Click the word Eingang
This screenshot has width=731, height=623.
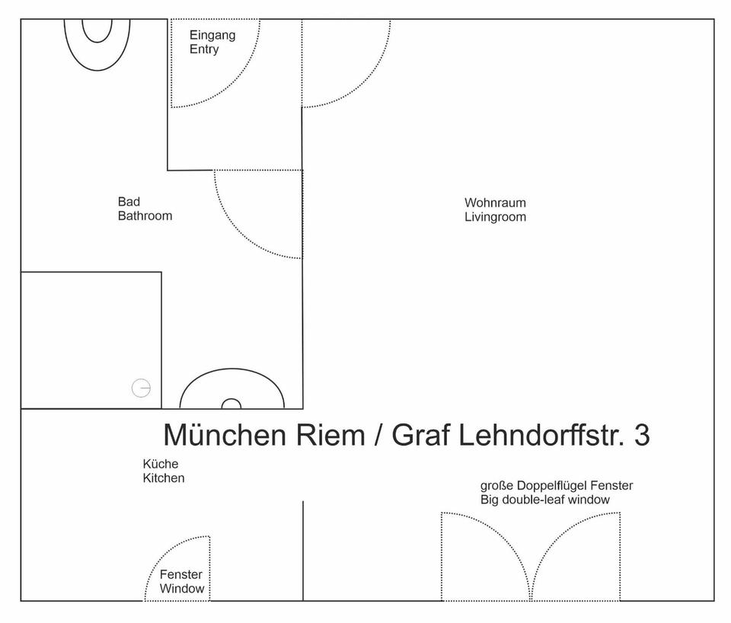[x=212, y=35]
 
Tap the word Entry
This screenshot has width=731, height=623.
[x=204, y=50]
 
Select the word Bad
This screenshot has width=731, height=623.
[x=129, y=202]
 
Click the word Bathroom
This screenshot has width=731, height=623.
[x=145, y=216]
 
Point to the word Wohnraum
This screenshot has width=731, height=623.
[x=495, y=203]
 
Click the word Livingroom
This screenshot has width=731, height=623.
[x=495, y=217]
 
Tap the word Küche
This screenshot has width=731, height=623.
[x=161, y=464]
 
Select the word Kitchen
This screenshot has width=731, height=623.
[x=164, y=478]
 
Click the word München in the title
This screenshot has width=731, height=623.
[x=224, y=436]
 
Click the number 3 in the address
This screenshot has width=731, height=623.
[x=641, y=436]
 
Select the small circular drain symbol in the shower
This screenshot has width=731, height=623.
[x=141, y=388]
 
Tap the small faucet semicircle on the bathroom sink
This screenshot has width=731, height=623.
[x=231, y=404]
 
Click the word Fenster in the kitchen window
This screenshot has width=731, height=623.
[x=181, y=575]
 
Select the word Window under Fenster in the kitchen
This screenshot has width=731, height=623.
[x=182, y=589]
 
